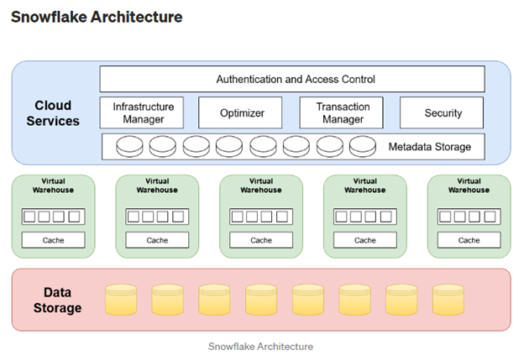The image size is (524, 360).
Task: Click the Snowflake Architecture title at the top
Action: pos(97,17)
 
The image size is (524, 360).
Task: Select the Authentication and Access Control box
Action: pos(291,80)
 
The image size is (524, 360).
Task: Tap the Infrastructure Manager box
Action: pos(143,112)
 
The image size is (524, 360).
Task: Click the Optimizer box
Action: pos(240,112)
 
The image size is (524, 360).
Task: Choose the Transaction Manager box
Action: pos(341,112)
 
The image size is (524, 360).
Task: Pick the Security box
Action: pos(442,112)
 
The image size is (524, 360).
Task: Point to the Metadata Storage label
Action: pos(429,147)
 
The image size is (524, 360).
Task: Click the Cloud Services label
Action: pos(53,113)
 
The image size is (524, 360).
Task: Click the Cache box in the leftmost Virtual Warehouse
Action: pos(53,240)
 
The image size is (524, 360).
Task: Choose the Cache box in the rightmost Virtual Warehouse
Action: pos(469,240)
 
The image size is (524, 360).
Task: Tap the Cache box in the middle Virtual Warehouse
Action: pos(261,240)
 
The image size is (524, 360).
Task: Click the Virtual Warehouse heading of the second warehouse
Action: pos(157,185)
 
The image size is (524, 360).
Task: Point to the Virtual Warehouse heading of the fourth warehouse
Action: pos(365,185)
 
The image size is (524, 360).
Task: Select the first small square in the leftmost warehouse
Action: pos(30,217)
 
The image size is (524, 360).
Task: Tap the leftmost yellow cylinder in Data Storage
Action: pos(120,300)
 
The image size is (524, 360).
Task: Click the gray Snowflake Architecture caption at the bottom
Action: pos(260,346)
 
